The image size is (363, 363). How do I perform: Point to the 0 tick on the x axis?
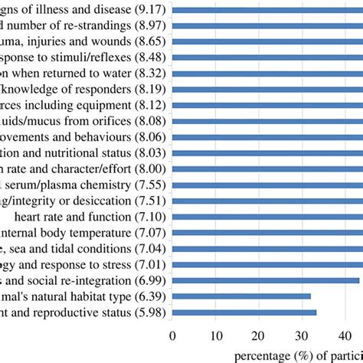172,335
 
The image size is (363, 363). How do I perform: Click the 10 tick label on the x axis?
218,335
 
